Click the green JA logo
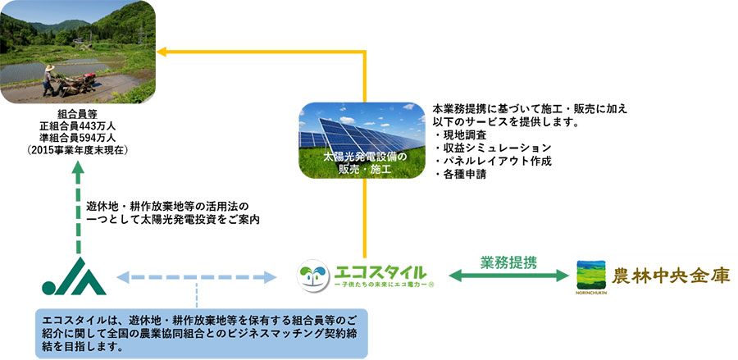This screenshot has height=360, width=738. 75,276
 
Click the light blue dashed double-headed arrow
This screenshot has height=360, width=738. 197,277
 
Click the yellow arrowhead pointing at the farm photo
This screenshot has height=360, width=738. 163,52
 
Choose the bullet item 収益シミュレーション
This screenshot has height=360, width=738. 491,148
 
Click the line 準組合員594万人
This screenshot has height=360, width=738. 77,139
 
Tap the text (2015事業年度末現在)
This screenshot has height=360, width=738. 77,151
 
